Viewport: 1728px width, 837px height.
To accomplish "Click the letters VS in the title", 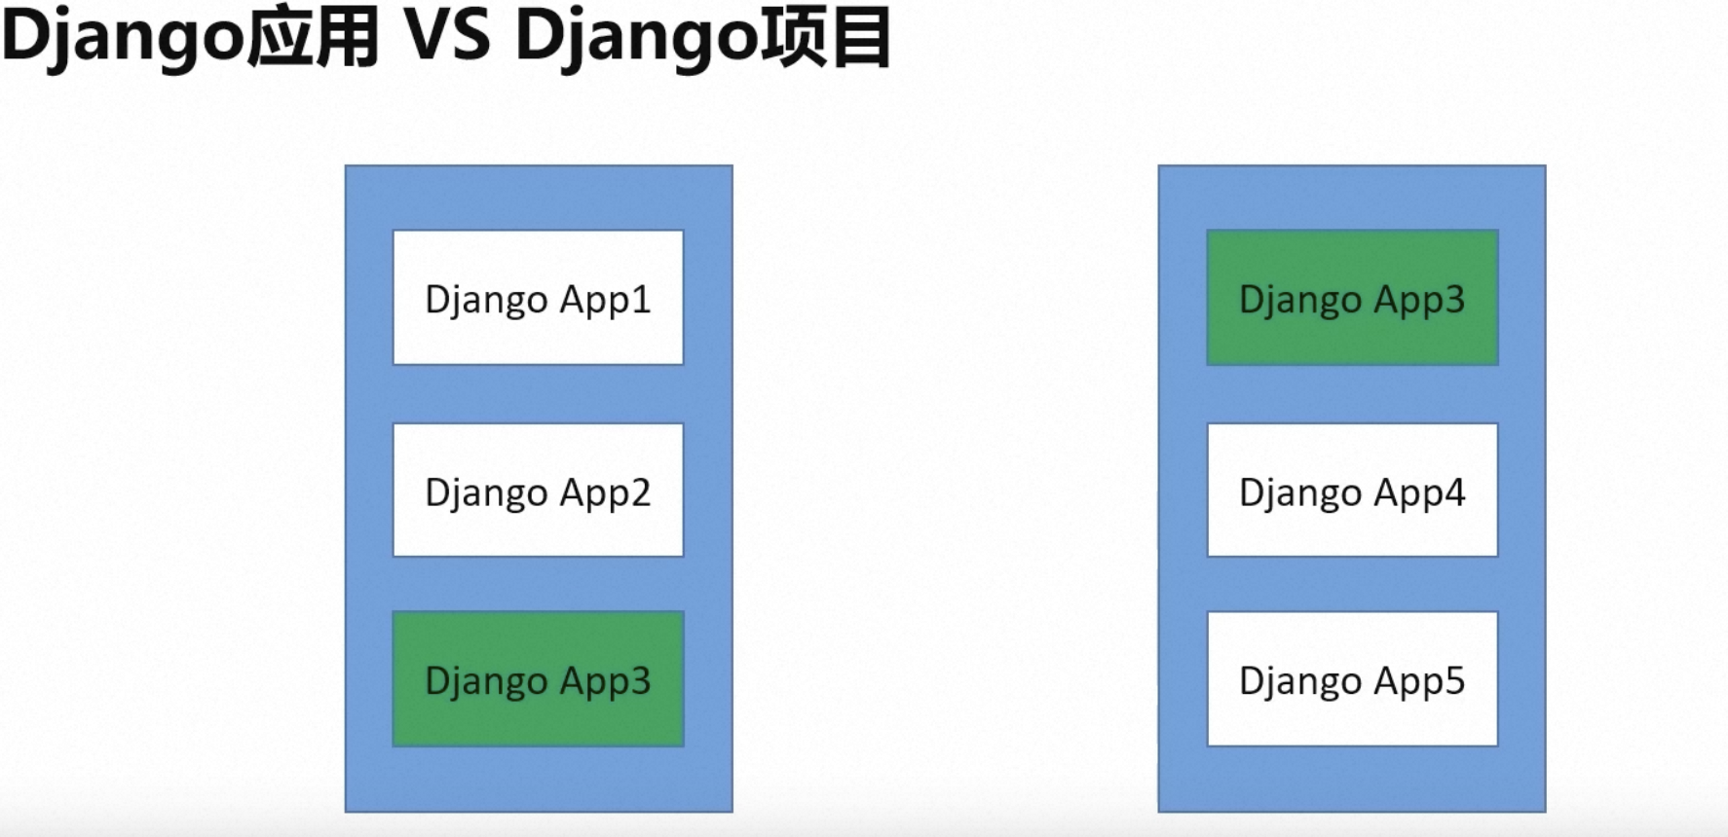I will [448, 37].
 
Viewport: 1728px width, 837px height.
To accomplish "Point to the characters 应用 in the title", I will [312, 37].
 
